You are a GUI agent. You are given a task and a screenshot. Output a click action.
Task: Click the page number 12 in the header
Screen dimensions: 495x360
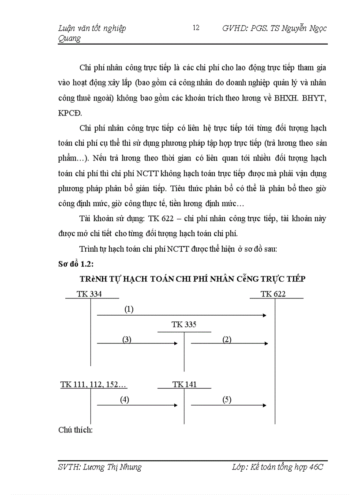click(x=196, y=28)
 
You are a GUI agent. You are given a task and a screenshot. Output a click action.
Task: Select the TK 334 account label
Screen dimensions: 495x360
click(x=89, y=294)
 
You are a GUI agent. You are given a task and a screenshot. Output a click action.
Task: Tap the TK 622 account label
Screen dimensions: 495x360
click(x=273, y=294)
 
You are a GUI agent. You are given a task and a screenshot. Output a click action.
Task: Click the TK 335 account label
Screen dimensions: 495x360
click(x=184, y=325)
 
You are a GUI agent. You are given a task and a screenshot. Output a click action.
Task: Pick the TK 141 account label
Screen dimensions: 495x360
click(x=184, y=384)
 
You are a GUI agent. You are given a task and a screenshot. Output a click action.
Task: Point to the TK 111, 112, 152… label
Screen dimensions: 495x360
click(x=94, y=384)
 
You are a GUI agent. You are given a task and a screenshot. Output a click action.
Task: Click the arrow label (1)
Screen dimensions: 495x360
click(x=128, y=309)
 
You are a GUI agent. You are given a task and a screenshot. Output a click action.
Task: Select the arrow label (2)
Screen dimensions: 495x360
click(x=227, y=339)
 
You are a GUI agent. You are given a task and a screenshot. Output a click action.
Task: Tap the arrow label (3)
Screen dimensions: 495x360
click(x=127, y=339)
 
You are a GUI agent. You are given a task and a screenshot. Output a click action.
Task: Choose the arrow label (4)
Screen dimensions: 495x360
click(x=125, y=400)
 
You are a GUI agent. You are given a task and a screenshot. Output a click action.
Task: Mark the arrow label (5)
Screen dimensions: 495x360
click(x=227, y=400)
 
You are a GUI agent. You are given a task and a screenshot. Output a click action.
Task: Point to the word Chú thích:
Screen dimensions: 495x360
click(x=75, y=430)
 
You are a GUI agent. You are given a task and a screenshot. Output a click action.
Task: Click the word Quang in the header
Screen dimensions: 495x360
click(x=70, y=38)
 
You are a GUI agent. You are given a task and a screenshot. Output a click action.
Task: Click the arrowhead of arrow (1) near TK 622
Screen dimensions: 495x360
click(x=265, y=315)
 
